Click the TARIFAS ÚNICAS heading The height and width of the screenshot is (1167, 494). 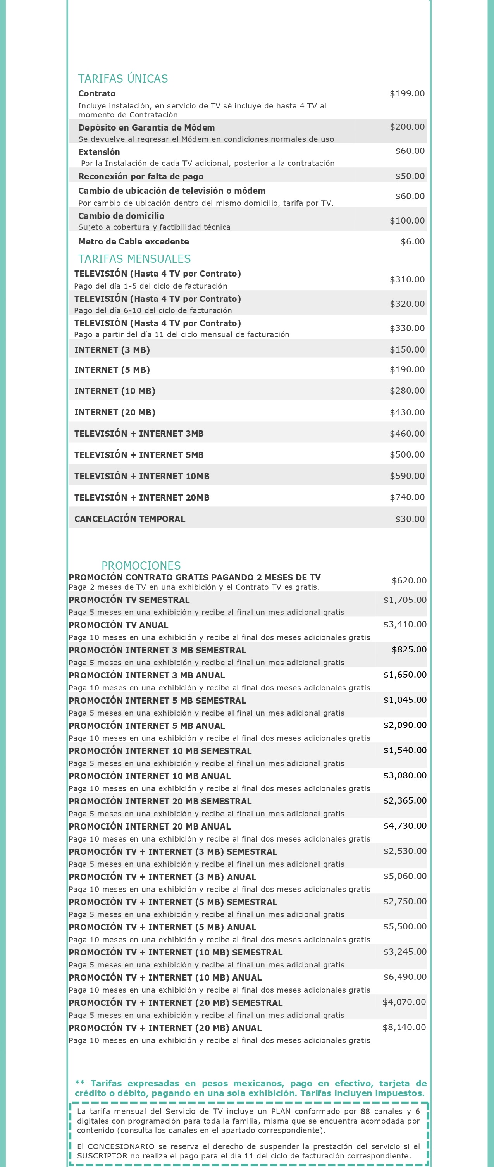point(123,78)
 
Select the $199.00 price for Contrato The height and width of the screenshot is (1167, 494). point(407,93)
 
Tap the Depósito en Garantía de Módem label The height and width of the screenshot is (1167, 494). point(146,127)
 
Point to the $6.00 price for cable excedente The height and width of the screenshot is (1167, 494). point(412,241)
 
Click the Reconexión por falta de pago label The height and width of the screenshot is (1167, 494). point(141,176)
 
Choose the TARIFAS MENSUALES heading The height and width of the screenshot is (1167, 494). point(134,259)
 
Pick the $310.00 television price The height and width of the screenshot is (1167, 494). point(407,279)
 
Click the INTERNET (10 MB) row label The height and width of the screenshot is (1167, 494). point(115,391)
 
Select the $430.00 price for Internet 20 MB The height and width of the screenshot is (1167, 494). point(407,412)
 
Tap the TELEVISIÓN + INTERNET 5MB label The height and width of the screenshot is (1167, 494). point(139,455)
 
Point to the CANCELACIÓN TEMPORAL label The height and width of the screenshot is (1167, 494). point(130,519)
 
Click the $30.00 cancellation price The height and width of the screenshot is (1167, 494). point(410,519)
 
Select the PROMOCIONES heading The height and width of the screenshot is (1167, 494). point(141,565)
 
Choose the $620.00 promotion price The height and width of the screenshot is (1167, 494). point(409,580)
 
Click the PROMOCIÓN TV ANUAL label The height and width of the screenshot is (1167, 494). point(118,625)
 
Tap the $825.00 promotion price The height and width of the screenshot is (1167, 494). point(409,649)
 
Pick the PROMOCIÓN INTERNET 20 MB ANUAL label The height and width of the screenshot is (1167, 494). point(150,826)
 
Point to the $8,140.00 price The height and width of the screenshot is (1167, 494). point(404,1027)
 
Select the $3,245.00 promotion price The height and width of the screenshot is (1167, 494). point(405,951)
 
